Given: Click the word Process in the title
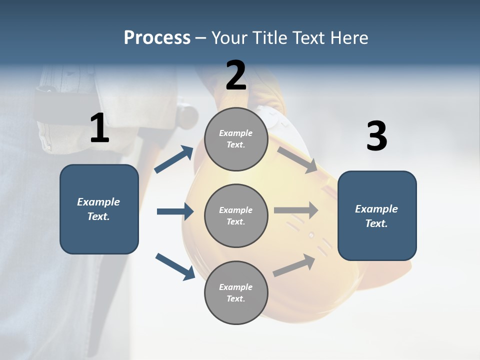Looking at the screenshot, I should pos(157,37).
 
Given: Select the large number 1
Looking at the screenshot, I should pos(99,128).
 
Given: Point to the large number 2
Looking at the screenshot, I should pos(236,75).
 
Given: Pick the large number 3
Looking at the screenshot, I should pos(376,136).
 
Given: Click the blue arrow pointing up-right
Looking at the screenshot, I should pos(174,159).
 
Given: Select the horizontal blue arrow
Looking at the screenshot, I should pos(175,211).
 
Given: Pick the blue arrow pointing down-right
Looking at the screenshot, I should pos(175,266).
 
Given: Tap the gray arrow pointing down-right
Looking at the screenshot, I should pos(297,159).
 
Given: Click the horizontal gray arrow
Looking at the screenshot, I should pos(296,210).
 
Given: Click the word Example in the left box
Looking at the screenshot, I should pos(98,202).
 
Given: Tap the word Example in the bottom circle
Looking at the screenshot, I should pos(235,287).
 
